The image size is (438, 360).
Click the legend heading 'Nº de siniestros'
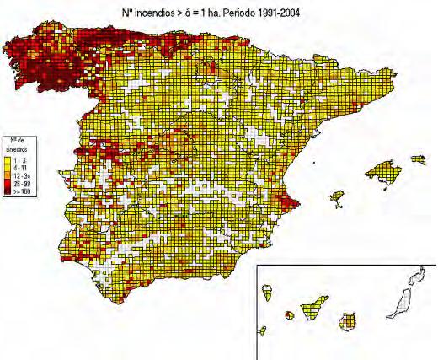pyautogui.click(x=19, y=145)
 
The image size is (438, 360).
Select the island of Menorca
pyautogui.click(x=417, y=159)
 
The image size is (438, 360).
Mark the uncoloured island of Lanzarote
pyautogui.click(x=414, y=277)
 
